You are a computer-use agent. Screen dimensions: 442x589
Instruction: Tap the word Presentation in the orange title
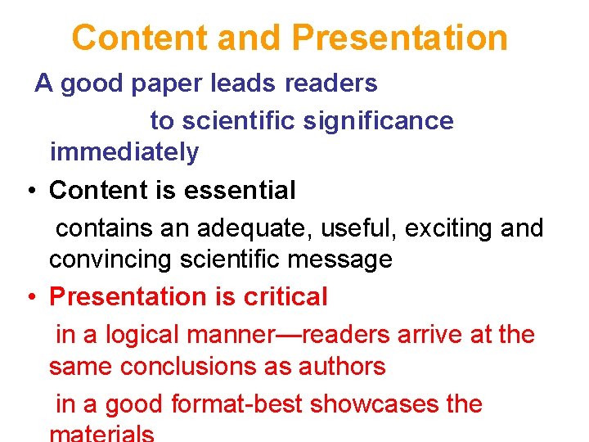pyautogui.click(x=399, y=38)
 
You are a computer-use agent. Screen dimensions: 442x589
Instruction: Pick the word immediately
pyautogui.click(x=124, y=151)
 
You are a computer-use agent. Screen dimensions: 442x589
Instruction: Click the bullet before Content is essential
pyautogui.click(x=29, y=192)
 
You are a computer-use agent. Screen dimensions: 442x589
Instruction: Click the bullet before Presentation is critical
pyautogui.click(x=29, y=298)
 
